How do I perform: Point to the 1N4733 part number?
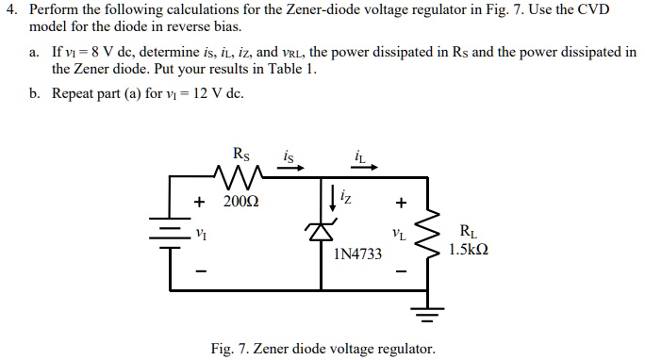pyautogui.click(x=358, y=254)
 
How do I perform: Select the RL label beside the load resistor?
pyautogui.click(x=469, y=230)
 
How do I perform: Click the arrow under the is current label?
pyautogui.click(x=291, y=170)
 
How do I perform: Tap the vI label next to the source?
pyautogui.click(x=199, y=233)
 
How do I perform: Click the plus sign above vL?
pyautogui.click(x=401, y=202)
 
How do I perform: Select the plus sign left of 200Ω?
pyautogui.click(x=199, y=202)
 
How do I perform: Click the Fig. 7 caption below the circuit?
pyautogui.click(x=323, y=349)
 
